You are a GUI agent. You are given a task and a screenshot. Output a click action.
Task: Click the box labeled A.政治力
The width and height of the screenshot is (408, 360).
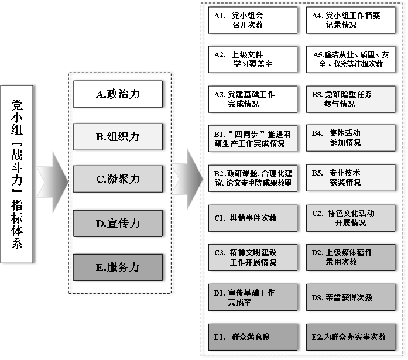[x=118, y=94]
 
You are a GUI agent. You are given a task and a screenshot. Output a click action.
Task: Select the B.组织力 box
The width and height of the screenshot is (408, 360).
[x=118, y=136]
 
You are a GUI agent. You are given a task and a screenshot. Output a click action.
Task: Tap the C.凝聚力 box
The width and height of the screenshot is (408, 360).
[x=118, y=179]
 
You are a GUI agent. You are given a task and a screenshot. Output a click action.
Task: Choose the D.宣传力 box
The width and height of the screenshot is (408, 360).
[x=118, y=223]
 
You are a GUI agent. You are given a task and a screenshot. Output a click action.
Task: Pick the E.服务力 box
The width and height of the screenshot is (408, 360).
[x=118, y=267]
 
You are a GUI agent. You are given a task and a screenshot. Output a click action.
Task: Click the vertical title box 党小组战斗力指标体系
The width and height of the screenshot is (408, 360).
[x=17, y=174]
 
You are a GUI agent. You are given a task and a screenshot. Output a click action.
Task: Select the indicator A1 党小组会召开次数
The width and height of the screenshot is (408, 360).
[x=252, y=20]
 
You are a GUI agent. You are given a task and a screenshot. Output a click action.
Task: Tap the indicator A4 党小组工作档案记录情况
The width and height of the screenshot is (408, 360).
[x=349, y=20]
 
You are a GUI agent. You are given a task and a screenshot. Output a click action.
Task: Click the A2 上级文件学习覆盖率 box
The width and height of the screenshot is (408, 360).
[x=252, y=59]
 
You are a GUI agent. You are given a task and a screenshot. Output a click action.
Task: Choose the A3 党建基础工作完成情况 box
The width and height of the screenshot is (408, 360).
[x=252, y=99]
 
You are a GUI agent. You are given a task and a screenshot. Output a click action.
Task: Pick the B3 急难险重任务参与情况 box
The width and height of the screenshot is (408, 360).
[x=349, y=99]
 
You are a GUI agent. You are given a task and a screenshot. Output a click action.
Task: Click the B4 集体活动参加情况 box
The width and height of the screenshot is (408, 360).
[x=349, y=138]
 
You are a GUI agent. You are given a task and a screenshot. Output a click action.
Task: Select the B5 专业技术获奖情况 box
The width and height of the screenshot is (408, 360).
[x=349, y=178]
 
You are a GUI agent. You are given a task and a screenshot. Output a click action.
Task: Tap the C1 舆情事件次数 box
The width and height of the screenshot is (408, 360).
[x=252, y=218]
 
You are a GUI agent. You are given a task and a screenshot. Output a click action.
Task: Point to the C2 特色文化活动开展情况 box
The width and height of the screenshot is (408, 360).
[x=349, y=218]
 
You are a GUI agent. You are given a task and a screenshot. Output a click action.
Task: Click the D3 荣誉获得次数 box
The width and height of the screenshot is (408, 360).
[x=349, y=297]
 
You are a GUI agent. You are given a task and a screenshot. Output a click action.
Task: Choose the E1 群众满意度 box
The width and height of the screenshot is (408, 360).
[x=252, y=337]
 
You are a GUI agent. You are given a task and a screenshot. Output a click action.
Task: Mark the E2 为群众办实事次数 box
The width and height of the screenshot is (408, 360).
[x=349, y=337]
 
